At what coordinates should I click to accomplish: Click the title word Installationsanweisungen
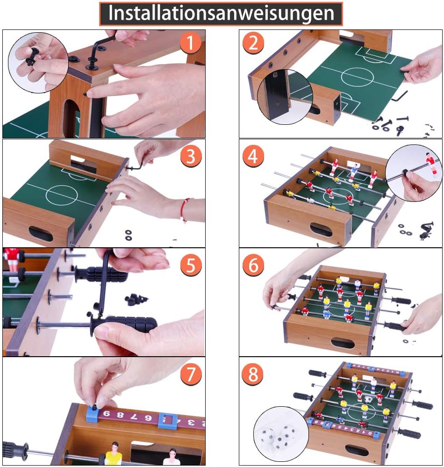coord(221,14)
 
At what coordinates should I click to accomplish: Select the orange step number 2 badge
coord(253,43)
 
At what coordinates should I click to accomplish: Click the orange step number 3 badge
coord(191,156)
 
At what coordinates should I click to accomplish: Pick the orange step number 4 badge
coord(253,156)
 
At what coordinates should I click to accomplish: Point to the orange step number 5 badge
coord(191,265)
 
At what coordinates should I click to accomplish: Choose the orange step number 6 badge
coord(253,265)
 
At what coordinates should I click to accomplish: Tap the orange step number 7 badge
coord(191,374)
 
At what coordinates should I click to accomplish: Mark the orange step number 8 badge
coord(253,374)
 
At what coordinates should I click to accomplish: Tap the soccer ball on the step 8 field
coord(368,399)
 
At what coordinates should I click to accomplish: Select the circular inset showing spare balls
coord(281,434)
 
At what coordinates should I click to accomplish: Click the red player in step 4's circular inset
coord(430,164)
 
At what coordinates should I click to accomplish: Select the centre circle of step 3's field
coord(62,195)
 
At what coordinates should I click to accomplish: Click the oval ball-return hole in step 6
coord(343,343)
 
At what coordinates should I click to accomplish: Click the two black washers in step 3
coord(129,235)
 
